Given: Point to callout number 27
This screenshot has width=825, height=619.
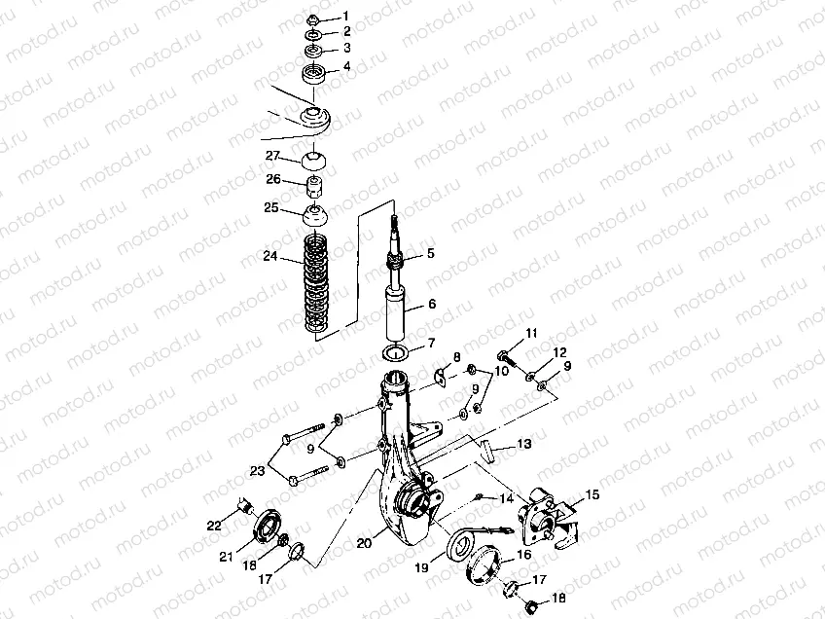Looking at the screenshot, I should coord(272,156).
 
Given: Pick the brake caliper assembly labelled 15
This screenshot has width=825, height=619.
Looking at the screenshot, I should coord(541,519).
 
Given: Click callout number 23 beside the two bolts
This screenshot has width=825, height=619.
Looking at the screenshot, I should coord(256,470).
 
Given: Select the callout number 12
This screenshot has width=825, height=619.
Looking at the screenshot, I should coord(559,352).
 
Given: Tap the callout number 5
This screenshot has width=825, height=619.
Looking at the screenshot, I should coord(429,253).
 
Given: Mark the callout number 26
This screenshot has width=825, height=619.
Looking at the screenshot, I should coord(272,180).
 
